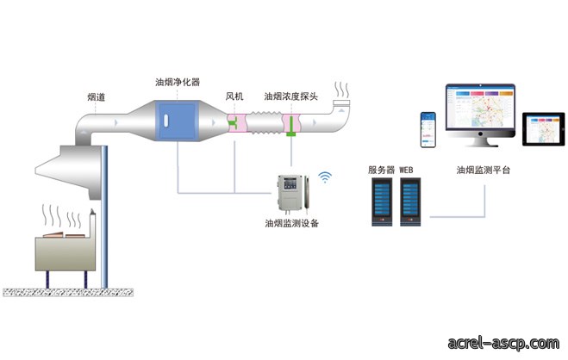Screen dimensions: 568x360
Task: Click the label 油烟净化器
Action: [178, 82]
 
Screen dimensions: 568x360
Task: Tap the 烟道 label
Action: [96, 97]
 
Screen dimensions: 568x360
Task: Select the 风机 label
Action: [234, 96]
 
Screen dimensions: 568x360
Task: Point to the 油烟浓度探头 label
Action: [290, 96]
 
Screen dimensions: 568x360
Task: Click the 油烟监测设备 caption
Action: [291, 223]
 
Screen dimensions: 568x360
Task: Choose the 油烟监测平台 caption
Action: [484, 170]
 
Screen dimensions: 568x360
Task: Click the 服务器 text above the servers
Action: [381, 170]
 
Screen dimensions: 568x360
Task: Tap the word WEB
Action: [406, 170]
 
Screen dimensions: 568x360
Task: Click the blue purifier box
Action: [178, 121]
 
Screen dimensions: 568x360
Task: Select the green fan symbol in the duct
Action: [232, 123]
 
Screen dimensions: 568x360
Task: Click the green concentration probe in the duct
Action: [290, 125]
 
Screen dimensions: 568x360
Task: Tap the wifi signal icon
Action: [325, 177]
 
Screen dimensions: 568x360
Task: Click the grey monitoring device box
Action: [290, 192]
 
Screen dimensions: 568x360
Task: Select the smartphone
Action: [428, 130]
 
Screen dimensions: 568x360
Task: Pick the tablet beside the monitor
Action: [543, 129]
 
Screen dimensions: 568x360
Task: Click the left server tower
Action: [382, 202]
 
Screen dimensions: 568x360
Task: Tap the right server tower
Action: [410, 202]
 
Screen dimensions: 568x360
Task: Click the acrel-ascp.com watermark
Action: [503, 342]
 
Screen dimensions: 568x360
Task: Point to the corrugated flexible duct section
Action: [265, 122]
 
